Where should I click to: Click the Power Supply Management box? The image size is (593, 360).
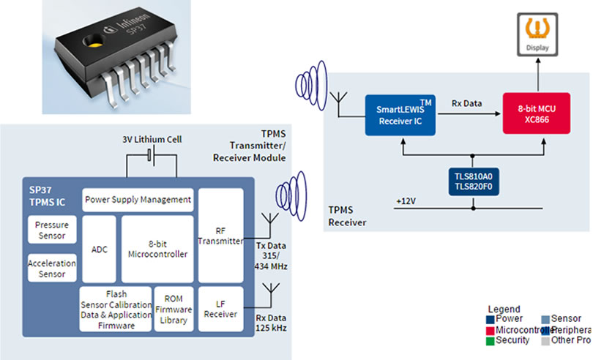pyautogui.click(x=138, y=199)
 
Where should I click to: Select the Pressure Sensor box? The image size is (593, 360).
pyautogui.click(x=52, y=230)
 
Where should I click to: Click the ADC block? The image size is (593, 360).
pyautogui.click(x=100, y=250)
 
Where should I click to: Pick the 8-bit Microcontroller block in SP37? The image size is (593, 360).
pyautogui.click(x=157, y=250)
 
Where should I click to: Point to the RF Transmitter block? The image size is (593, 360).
pyautogui.click(x=220, y=236)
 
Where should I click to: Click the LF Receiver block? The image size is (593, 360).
pyautogui.click(x=220, y=309)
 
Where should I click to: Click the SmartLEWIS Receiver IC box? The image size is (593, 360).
pyautogui.click(x=400, y=115)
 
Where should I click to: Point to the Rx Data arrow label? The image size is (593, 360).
pyautogui.click(x=466, y=103)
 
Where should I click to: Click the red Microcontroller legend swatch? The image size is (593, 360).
pyautogui.click(x=490, y=330)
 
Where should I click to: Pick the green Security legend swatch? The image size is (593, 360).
pyautogui.click(x=490, y=340)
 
